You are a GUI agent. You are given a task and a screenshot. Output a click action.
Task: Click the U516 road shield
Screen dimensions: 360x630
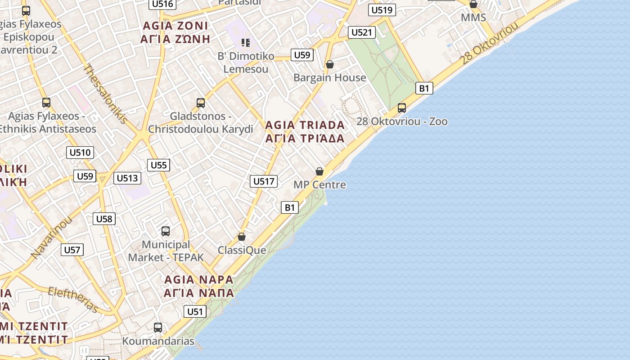tap(162, 4)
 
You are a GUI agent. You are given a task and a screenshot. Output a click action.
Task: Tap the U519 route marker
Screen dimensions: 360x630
tap(382, 10)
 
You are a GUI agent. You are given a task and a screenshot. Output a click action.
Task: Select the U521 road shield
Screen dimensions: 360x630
tap(362, 32)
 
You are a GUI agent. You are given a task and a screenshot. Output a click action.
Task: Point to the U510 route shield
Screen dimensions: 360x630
tap(80, 153)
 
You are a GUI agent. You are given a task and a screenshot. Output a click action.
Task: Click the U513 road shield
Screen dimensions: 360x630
tap(127, 178)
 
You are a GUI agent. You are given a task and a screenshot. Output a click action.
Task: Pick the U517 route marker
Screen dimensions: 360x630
tap(264, 181)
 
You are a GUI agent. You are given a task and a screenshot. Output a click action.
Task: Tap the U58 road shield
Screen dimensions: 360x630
tap(104, 219)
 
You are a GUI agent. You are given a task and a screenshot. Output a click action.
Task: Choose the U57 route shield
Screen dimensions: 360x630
tap(72, 250)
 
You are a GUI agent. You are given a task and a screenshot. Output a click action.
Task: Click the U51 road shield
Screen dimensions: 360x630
tap(195, 311)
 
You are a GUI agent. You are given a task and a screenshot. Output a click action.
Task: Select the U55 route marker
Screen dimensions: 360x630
tap(159, 165)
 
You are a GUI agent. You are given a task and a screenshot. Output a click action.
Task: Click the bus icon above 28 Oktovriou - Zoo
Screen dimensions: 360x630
tap(402, 108)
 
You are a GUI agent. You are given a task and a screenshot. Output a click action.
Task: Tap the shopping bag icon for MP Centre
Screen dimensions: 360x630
tap(319, 171)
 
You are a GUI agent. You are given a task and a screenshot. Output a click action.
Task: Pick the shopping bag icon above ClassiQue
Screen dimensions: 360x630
tap(242, 237)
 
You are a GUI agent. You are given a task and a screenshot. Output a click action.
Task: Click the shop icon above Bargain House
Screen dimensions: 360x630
tap(330, 64)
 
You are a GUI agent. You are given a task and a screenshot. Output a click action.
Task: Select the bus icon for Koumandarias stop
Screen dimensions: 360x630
tap(158, 328)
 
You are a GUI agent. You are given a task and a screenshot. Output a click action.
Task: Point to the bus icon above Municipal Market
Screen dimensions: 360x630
tap(166, 231)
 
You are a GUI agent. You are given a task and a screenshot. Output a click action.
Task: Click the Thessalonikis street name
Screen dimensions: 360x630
tap(105, 94)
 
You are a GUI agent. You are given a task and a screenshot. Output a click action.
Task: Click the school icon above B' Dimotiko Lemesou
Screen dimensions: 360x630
tap(246, 43)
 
